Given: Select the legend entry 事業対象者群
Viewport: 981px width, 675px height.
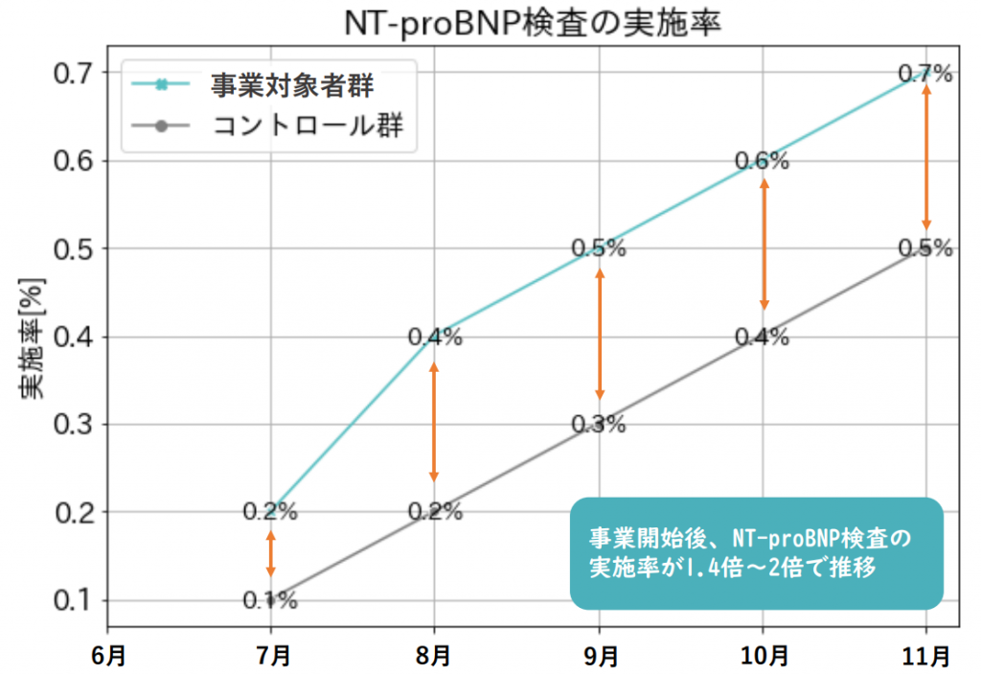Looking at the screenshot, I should click(292, 85).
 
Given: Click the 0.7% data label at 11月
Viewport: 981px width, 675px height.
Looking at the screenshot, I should click(925, 74).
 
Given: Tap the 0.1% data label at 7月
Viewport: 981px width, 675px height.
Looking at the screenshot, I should click(270, 601).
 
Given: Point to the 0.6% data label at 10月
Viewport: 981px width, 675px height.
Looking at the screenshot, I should click(762, 161).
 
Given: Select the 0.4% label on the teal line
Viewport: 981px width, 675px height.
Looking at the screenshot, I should click(435, 337).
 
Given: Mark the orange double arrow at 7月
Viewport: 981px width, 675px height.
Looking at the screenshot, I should click(271, 553).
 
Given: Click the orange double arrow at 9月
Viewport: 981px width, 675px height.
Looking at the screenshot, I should click(600, 335).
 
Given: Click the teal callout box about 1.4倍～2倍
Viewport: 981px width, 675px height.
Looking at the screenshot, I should click(757, 552).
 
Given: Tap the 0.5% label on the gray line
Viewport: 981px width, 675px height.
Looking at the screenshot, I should click(925, 248).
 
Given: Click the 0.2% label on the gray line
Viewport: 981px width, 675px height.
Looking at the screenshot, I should click(435, 512).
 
